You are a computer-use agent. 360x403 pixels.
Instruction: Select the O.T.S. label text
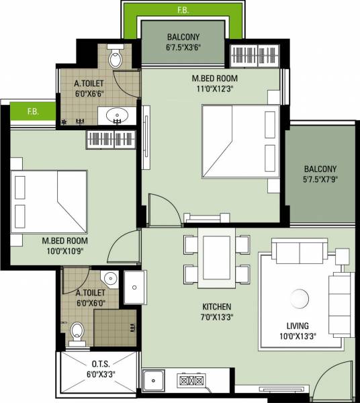pyautogui.click(x=101, y=363)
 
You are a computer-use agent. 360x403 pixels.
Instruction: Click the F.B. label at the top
pyautogui.click(x=183, y=11)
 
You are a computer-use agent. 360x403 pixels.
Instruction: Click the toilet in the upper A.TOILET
pyautogui.click(x=116, y=59)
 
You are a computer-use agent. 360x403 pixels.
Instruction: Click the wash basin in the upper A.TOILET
pyautogui.click(x=117, y=115)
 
